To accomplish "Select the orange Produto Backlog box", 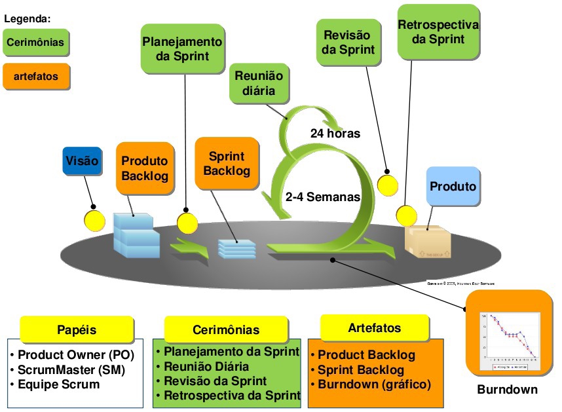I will (144, 168).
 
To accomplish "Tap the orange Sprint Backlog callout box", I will (227, 163).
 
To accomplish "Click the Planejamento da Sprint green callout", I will (182, 48).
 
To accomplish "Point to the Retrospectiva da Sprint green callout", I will (438, 31).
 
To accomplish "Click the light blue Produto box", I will (453, 187).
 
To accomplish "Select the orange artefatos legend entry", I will (36, 76).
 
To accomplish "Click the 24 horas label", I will (335, 134).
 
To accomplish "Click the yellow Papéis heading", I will (77, 329).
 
